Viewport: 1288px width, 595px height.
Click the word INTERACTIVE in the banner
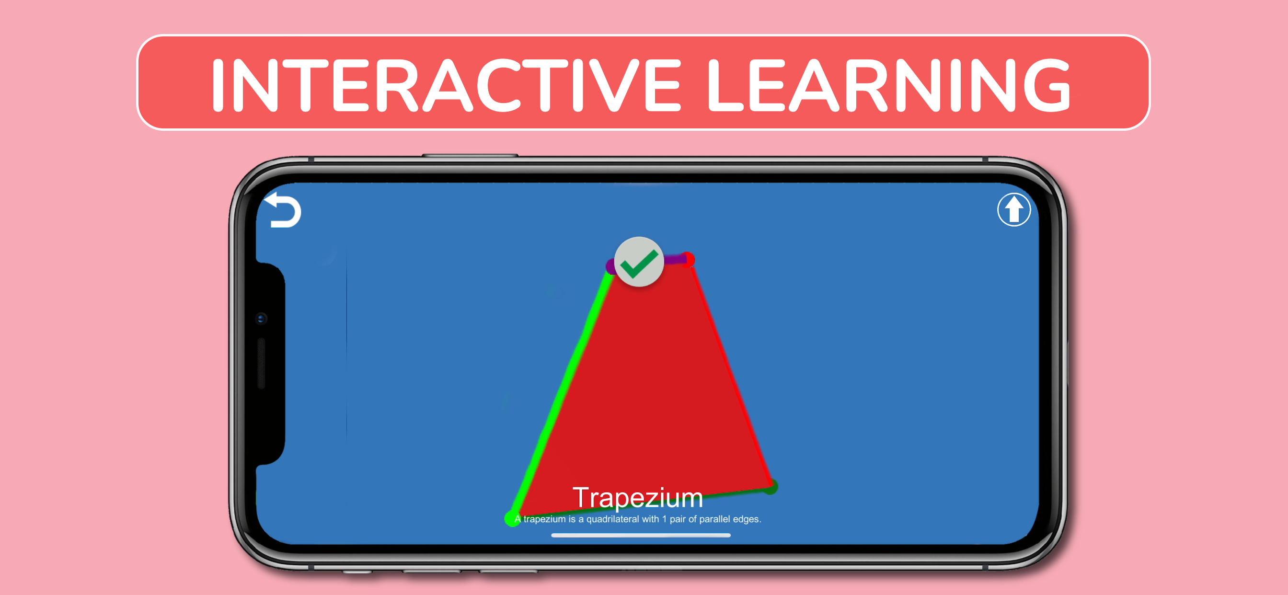[x=446, y=85]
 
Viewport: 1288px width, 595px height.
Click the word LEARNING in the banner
[x=889, y=85]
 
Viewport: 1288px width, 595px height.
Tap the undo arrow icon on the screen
[x=283, y=210]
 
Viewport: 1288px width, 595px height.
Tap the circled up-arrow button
[x=1013, y=209]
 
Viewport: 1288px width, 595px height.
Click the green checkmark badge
[x=639, y=262]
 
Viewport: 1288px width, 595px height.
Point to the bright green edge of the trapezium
[x=562, y=395]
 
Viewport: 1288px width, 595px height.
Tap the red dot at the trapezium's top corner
[x=688, y=260]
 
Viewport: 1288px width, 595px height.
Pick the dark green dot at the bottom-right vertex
[x=771, y=487]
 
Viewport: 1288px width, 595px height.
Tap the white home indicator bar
[x=641, y=535]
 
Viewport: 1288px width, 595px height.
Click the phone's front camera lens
[x=261, y=319]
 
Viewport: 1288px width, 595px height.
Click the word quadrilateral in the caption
[x=612, y=519]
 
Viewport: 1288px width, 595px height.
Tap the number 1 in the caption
[x=665, y=519]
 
